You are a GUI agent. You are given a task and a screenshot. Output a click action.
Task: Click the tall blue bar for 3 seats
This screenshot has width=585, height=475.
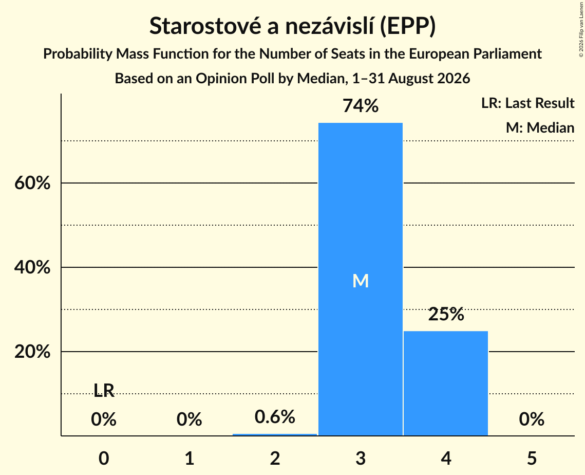(x=361, y=279)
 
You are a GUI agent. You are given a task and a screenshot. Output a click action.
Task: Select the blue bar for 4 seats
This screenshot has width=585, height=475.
(x=446, y=383)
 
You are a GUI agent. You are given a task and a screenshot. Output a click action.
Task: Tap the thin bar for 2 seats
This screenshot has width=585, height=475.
(x=275, y=435)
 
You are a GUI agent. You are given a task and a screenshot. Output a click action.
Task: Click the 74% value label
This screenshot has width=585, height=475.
(x=361, y=106)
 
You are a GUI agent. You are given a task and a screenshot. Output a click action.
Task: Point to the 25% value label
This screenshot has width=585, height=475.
(x=446, y=314)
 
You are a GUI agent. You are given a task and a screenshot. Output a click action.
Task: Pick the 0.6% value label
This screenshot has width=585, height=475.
(x=275, y=416)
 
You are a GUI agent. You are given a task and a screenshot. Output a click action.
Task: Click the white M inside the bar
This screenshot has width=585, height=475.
(x=361, y=281)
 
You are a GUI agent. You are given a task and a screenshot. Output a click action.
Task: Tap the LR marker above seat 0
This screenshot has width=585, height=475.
(x=104, y=390)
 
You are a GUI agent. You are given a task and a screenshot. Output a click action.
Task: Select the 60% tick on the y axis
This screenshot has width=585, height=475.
(x=32, y=183)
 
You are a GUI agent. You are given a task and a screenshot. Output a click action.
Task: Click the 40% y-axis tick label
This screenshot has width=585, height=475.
(x=32, y=267)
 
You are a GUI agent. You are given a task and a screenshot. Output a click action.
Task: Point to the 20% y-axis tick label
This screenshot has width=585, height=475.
(x=32, y=352)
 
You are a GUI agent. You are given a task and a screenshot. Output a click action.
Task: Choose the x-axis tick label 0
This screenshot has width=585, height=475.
(x=104, y=458)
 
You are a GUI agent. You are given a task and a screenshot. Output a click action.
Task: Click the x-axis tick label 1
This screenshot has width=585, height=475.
(x=190, y=458)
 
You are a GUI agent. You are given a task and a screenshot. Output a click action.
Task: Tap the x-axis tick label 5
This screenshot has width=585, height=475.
(x=532, y=458)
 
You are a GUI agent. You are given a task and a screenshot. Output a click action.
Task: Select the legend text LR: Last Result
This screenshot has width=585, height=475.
(x=527, y=103)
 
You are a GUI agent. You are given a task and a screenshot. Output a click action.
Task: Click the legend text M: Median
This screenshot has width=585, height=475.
(x=540, y=127)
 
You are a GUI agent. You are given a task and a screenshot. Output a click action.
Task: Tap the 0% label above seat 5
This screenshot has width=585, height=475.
(x=532, y=419)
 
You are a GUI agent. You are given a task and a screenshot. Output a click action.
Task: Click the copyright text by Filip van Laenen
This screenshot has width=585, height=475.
(x=581, y=29)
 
